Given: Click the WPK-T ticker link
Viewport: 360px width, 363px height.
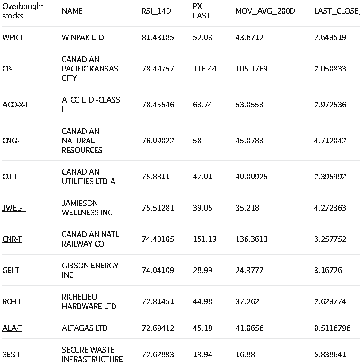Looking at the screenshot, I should coord(13,37).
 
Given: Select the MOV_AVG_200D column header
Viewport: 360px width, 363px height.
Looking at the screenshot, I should coord(265,11).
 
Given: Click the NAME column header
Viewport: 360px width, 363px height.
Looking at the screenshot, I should coord(72,11).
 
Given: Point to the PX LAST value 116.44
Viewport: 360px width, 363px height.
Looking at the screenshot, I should coord(204,69).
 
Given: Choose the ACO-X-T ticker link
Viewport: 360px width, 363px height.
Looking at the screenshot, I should coord(15,105).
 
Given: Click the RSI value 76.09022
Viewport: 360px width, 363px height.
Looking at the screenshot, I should coord(158,141).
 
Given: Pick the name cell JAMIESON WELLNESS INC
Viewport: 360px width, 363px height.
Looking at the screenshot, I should coord(87,208).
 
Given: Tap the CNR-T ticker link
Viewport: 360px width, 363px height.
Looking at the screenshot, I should coord(12,239).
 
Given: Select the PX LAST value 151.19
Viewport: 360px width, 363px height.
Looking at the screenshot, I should coord(204,239).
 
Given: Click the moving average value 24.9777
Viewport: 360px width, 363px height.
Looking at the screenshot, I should coord(249,270).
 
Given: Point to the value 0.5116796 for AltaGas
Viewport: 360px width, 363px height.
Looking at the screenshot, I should coord(332,328).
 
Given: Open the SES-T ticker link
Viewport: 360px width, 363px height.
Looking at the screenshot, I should coord(11,354).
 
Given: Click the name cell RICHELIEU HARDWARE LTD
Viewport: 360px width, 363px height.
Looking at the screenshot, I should coord(89,301).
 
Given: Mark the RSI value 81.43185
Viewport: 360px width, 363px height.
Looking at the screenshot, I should coord(158,37).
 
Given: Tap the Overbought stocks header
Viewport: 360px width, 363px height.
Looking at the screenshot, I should coord(22,11).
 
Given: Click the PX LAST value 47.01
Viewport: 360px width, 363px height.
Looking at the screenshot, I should coord(202,177).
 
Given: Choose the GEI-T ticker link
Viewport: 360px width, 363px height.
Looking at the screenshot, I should coord(11,270).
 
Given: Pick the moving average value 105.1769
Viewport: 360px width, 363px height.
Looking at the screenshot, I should coord(251,69).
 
